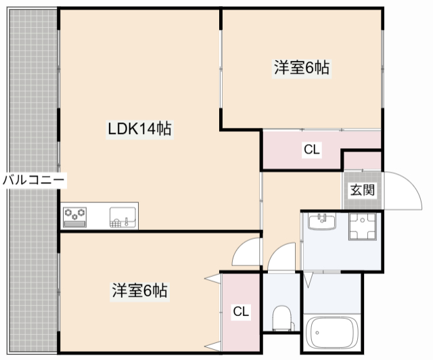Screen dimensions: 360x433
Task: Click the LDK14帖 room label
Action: [139, 129]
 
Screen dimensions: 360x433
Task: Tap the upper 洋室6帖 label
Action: [302, 68]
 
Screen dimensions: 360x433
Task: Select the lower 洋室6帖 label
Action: [139, 292]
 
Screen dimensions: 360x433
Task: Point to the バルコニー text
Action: [32, 180]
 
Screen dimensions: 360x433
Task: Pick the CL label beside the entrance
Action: [311, 150]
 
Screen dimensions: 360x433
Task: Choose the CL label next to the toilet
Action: [241, 311]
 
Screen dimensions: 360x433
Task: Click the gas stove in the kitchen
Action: [76, 217]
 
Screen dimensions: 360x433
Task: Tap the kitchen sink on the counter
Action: [123, 217]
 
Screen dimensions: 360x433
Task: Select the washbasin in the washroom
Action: [321, 221]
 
